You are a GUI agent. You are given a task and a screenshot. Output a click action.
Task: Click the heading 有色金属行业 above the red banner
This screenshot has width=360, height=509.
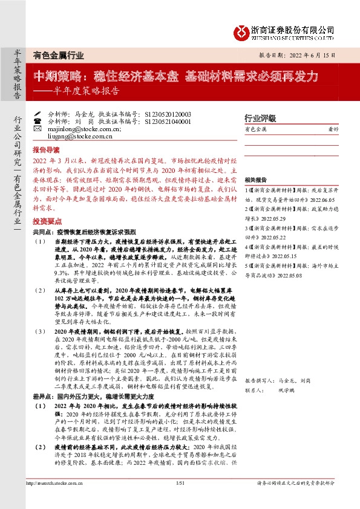pos(58,55)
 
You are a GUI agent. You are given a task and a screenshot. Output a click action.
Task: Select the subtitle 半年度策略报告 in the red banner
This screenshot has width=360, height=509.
pos(83,92)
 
